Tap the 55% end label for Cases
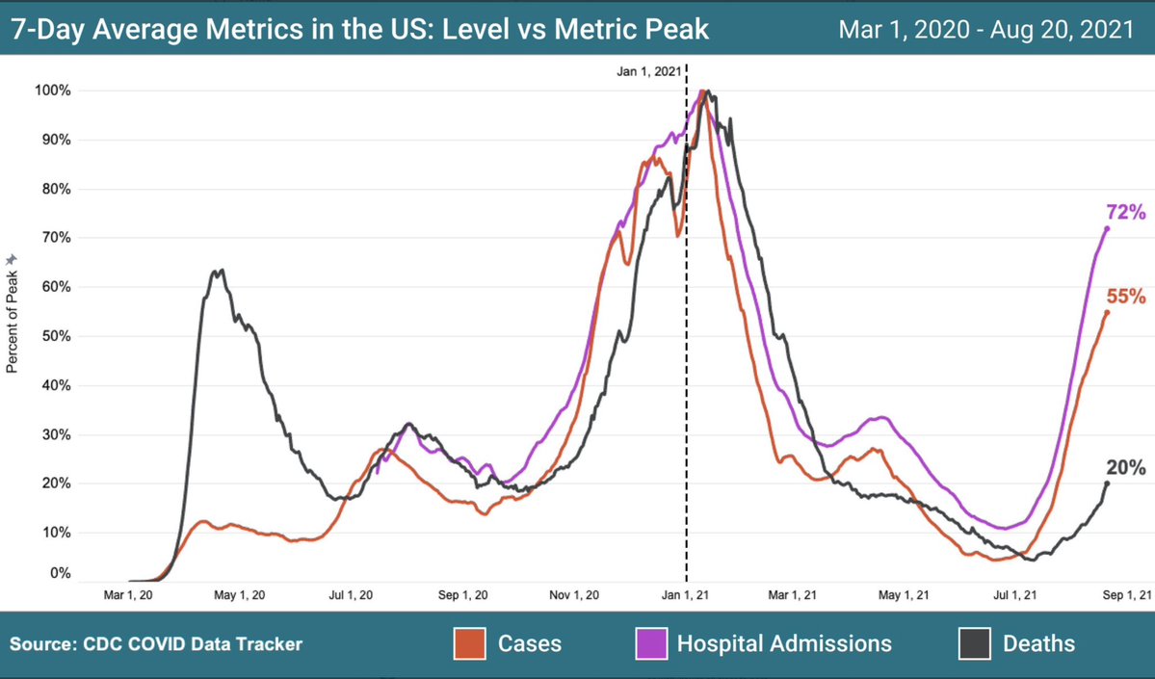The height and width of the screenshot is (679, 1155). click(x=1125, y=298)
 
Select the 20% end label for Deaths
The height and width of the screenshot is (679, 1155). click(x=1125, y=468)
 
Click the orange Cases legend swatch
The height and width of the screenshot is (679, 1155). click(x=468, y=643)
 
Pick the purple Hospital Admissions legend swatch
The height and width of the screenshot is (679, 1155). click(x=650, y=643)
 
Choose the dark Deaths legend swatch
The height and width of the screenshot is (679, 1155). click(x=974, y=643)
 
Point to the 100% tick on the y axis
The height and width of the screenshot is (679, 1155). click(x=54, y=91)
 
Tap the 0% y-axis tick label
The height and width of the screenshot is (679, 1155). click(x=60, y=574)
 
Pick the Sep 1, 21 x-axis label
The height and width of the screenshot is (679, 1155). click(x=1124, y=595)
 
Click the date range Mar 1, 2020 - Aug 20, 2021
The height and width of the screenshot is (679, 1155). click(x=985, y=30)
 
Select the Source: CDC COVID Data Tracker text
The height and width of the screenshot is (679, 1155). click(x=157, y=643)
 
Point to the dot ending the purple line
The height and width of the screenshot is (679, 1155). click(x=1107, y=228)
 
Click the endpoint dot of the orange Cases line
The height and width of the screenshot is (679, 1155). click(x=1107, y=312)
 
